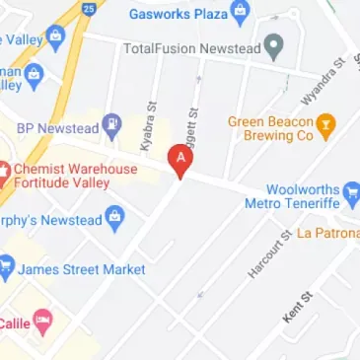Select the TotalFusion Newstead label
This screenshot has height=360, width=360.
[195, 47]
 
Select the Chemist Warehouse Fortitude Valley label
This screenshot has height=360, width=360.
[75, 177]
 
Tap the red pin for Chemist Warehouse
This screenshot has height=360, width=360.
[4, 169]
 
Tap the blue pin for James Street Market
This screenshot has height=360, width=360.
[6, 267]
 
